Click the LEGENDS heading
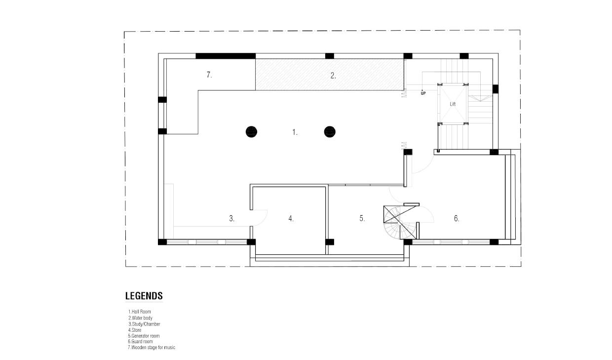[144, 296]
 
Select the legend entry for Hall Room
[139, 312]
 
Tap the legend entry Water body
[141, 318]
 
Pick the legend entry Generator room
[144, 336]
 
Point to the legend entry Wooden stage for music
[152, 348]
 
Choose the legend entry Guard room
[140, 342]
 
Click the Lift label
[453, 104]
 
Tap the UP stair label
[423, 93]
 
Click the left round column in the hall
[251, 132]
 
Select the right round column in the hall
[330, 132]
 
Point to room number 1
[295, 132]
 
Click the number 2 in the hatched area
[333, 76]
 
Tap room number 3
[231, 219]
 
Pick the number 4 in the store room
[291, 219]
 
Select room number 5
[362, 218]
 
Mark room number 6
[457, 218]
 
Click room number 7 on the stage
[209, 75]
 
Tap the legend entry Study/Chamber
[144, 324]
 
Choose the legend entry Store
[135, 330]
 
